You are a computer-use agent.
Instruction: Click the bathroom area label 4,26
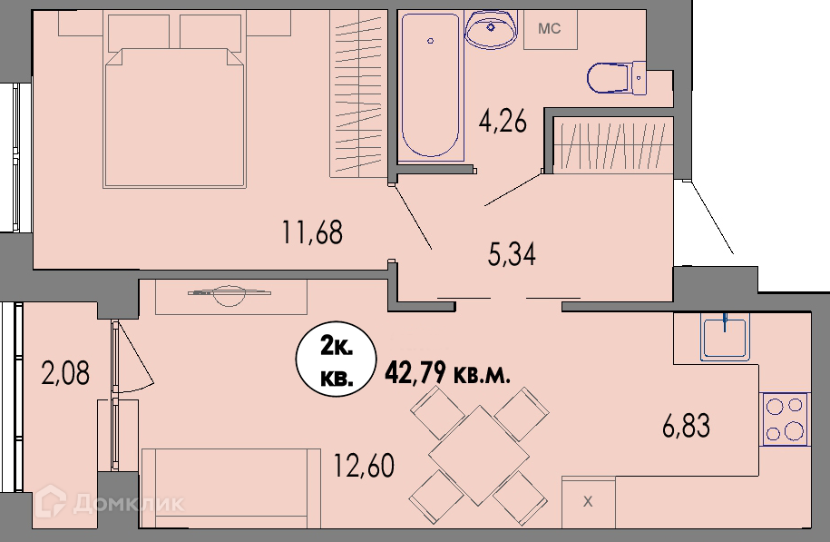[503, 123]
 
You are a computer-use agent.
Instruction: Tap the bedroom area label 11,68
[312, 232]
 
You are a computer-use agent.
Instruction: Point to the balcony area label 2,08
[65, 372]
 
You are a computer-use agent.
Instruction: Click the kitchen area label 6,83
[686, 426]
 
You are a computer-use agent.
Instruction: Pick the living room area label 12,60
[364, 466]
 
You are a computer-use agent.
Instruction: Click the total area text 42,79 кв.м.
[448, 374]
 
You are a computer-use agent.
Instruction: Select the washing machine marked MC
[551, 30]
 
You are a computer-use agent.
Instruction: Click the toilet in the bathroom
[617, 78]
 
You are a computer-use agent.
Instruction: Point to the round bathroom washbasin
[491, 30]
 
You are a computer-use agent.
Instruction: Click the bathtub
[430, 86]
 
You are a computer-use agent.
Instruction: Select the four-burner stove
[785, 419]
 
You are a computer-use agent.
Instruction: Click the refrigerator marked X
[588, 502]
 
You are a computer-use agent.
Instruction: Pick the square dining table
[479, 455]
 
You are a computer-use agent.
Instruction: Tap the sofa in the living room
[230, 488]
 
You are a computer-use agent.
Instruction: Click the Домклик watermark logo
[110, 502]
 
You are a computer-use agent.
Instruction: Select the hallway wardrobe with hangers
[613, 145]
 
